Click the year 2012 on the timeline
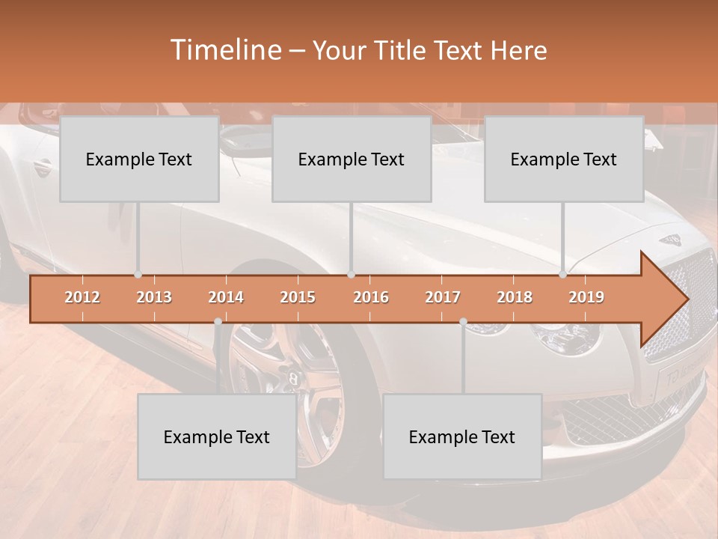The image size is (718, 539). pyautogui.click(x=82, y=297)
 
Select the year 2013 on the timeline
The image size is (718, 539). pyautogui.click(x=154, y=297)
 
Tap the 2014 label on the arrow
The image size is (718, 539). pyautogui.click(x=226, y=297)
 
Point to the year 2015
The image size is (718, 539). pyautogui.click(x=298, y=297)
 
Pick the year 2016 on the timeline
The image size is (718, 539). pyautogui.click(x=371, y=297)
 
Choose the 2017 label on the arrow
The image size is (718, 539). pyautogui.click(x=443, y=297)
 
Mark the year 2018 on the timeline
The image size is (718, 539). pyautogui.click(x=515, y=297)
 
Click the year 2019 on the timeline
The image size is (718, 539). pyautogui.click(x=586, y=297)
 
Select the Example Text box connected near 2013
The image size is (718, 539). pyautogui.click(x=139, y=159)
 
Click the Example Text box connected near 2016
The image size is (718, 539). pyautogui.click(x=352, y=159)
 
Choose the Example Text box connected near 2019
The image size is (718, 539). pyautogui.click(x=564, y=159)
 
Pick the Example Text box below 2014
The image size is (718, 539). pyautogui.click(x=217, y=436)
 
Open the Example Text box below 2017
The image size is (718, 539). pyautogui.click(x=462, y=436)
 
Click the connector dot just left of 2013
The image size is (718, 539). pyautogui.click(x=138, y=275)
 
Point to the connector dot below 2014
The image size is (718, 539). pyautogui.click(x=218, y=321)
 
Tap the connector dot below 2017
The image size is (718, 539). pyautogui.click(x=463, y=321)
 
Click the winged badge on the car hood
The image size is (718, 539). pyautogui.click(x=670, y=240)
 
